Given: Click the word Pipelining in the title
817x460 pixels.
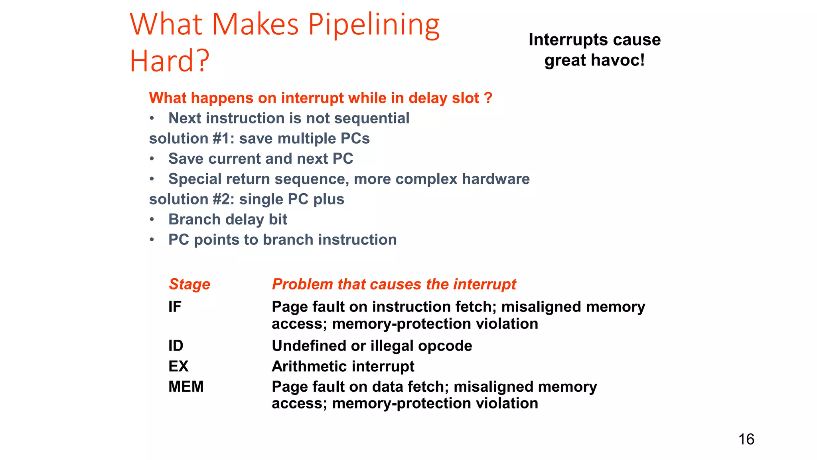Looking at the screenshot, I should tap(374, 25).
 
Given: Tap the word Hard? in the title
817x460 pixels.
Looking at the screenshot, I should tap(169, 61).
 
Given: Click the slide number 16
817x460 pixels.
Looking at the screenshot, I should tap(746, 439).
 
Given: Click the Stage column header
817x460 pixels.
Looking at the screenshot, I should tap(189, 284).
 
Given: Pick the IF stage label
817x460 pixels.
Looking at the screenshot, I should tap(175, 307).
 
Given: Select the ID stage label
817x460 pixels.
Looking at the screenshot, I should tap(176, 346).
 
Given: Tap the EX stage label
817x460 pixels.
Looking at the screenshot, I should tap(178, 366).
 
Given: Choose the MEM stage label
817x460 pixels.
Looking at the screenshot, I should tap(186, 387).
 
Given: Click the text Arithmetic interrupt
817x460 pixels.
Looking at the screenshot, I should tap(343, 366).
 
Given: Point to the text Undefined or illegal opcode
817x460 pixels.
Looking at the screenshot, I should tap(371, 346).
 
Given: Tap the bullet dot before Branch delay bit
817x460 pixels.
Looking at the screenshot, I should tap(152, 220).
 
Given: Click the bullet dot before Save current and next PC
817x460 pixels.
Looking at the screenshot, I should tap(152, 159).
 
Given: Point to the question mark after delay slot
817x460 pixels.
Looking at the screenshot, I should tap(488, 98).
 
